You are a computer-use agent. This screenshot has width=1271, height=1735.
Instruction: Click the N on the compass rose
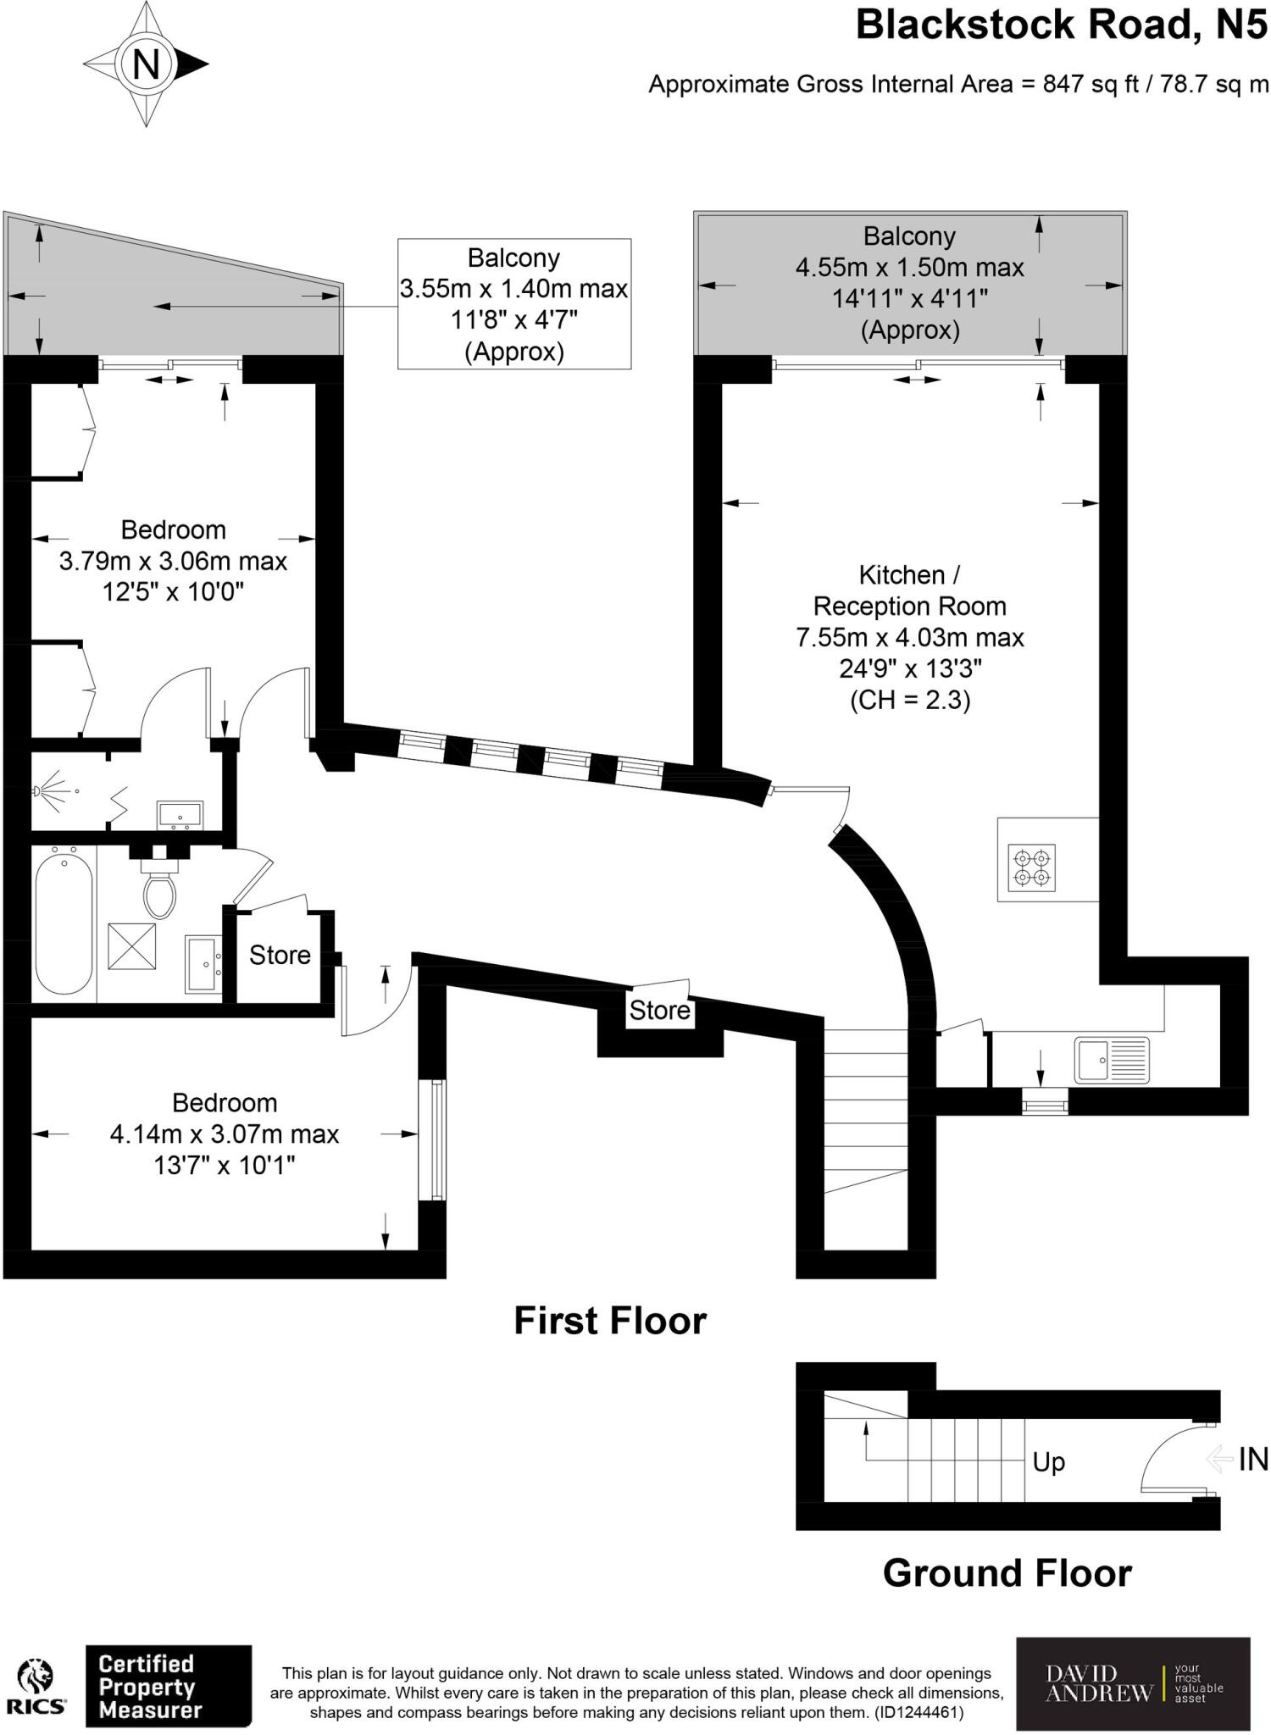[x=146, y=64]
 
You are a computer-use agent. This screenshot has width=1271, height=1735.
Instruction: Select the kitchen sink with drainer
[x=1112, y=1060]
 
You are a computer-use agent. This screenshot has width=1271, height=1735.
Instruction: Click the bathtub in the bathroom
[x=64, y=923]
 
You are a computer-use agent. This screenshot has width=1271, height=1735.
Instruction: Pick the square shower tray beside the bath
[x=132, y=946]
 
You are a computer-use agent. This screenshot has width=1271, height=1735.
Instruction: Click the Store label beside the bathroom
[x=280, y=956]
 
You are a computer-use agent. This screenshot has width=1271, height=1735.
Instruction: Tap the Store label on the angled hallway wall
[x=659, y=1010]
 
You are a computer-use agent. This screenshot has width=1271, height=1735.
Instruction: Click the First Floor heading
[x=610, y=1321]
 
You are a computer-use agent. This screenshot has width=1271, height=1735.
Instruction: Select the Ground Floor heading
[x=1007, y=1573]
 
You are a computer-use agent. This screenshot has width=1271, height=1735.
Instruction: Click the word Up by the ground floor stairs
[x=1048, y=1462]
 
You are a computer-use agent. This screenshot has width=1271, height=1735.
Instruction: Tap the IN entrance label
[x=1252, y=1459]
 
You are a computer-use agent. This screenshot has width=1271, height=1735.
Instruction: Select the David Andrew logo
[x=1132, y=1683]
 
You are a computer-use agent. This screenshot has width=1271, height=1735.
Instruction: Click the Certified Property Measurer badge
[x=168, y=1687]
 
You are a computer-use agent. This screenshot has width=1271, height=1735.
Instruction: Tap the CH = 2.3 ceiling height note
[x=909, y=701]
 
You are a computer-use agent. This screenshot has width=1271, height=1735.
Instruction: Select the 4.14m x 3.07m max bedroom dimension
[x=225, y=1134]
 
